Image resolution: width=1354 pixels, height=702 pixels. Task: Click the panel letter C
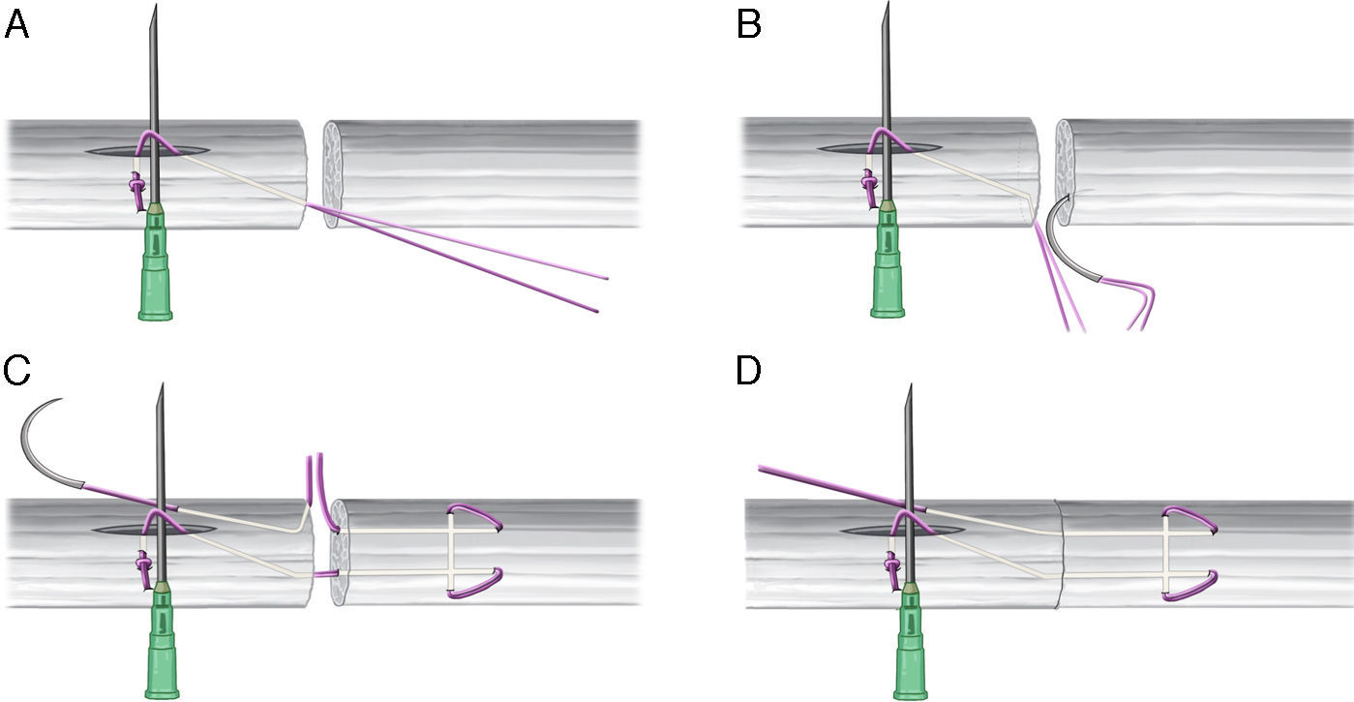[17, 371]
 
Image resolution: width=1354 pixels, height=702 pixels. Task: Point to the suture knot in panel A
[136, 183]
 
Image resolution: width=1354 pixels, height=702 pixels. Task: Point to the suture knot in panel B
[868, 183]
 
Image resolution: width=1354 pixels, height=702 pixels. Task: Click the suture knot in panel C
[143, 563]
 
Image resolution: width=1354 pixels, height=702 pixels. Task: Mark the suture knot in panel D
[892, 563]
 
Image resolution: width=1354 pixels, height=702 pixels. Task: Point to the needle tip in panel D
[909, 387]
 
